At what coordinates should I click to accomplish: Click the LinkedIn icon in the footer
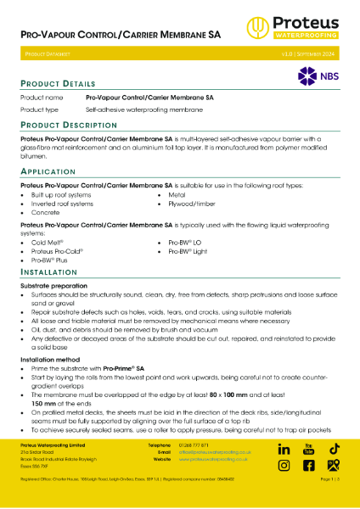[x=284, y=449]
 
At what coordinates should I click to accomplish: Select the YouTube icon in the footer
[x=308, y=448]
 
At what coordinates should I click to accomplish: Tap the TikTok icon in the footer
[x=335, y=448]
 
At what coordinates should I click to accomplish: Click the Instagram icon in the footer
[x=284, y=465]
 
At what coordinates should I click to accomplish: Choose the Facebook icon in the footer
[x=308, y=465]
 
